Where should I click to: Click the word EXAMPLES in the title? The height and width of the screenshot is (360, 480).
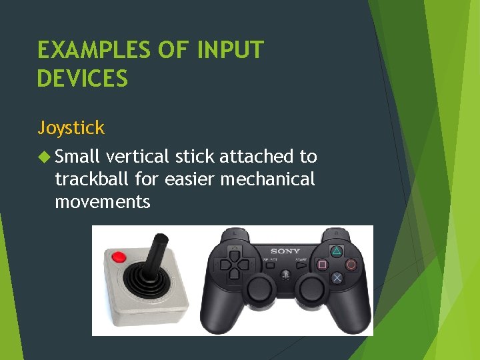(x=93, y=50)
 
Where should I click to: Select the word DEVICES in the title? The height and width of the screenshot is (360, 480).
(x=83, y=79)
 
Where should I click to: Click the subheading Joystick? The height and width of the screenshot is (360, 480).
(x=71, y=127)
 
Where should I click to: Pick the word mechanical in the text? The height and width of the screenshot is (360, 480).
(x=268, y=179)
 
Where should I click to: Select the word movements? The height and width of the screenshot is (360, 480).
(x=103, y=201)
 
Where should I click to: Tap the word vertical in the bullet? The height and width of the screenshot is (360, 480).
(x=138, y=157)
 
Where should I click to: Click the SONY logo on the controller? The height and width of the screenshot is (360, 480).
(x=285, y=251)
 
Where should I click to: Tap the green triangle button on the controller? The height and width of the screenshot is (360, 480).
(x=337, y=252)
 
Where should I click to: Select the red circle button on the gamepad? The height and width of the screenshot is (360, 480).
(x=351, y=264)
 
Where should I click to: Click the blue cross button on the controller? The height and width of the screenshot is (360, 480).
(x=337, y=277)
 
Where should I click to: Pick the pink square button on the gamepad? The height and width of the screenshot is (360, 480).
(x=323, y=265)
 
